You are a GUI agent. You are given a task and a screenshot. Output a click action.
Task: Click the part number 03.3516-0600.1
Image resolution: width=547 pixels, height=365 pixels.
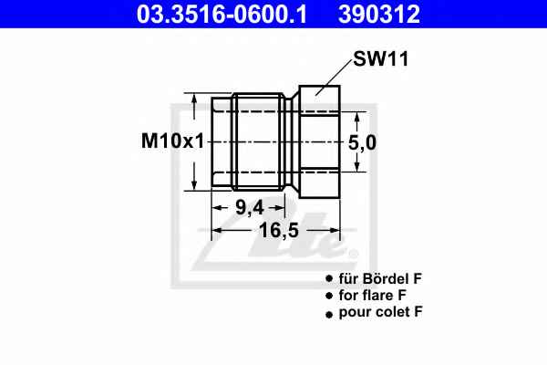pyautogui.click(x=222, y=14)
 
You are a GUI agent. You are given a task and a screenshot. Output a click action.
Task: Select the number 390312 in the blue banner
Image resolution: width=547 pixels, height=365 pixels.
pyautogui.click(x=379, y=14)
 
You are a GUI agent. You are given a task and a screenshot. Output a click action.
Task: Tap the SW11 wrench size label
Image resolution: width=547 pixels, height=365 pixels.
pyautogui.click(x=380, y=58)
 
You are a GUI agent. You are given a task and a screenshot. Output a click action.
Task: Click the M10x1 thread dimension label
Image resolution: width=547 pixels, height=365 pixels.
pyautogui.click(x=172, y=141)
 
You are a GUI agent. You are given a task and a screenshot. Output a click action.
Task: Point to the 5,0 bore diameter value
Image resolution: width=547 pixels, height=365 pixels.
pyautogui.click(x=363, y=143)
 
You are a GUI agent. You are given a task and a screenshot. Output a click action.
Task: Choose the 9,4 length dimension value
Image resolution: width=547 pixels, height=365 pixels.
pyautogui.click(x=250, y=208)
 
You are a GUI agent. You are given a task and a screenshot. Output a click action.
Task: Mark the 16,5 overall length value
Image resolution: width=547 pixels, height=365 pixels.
pyautogui.click(x=279, y=231)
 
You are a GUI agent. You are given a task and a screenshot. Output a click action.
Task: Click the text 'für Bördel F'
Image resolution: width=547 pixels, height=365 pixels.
pyautogui.click(x=380, y=278)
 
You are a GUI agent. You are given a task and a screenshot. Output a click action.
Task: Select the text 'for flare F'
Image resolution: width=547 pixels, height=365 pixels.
pyautogui.click(x=373, y=296)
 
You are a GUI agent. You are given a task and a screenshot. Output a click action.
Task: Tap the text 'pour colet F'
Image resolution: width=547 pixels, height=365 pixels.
pyautogui.click(x=380, y=312)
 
